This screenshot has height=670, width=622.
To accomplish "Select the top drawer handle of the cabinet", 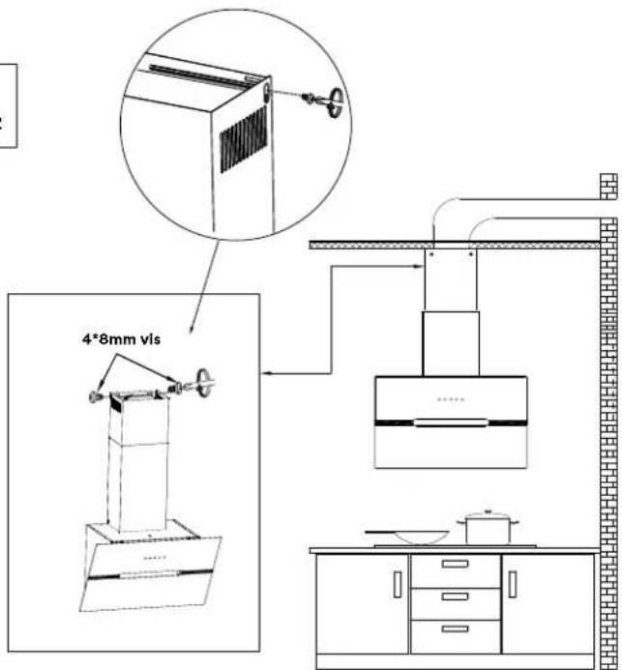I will point(455,564).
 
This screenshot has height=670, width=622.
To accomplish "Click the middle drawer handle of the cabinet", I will point(455,597).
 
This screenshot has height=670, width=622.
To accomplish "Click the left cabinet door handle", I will point(396,584).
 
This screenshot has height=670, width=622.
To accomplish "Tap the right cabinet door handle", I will point(513,584).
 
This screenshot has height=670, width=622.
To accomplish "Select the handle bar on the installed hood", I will point(448,422).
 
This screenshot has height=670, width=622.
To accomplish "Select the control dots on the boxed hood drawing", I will point(151,559).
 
